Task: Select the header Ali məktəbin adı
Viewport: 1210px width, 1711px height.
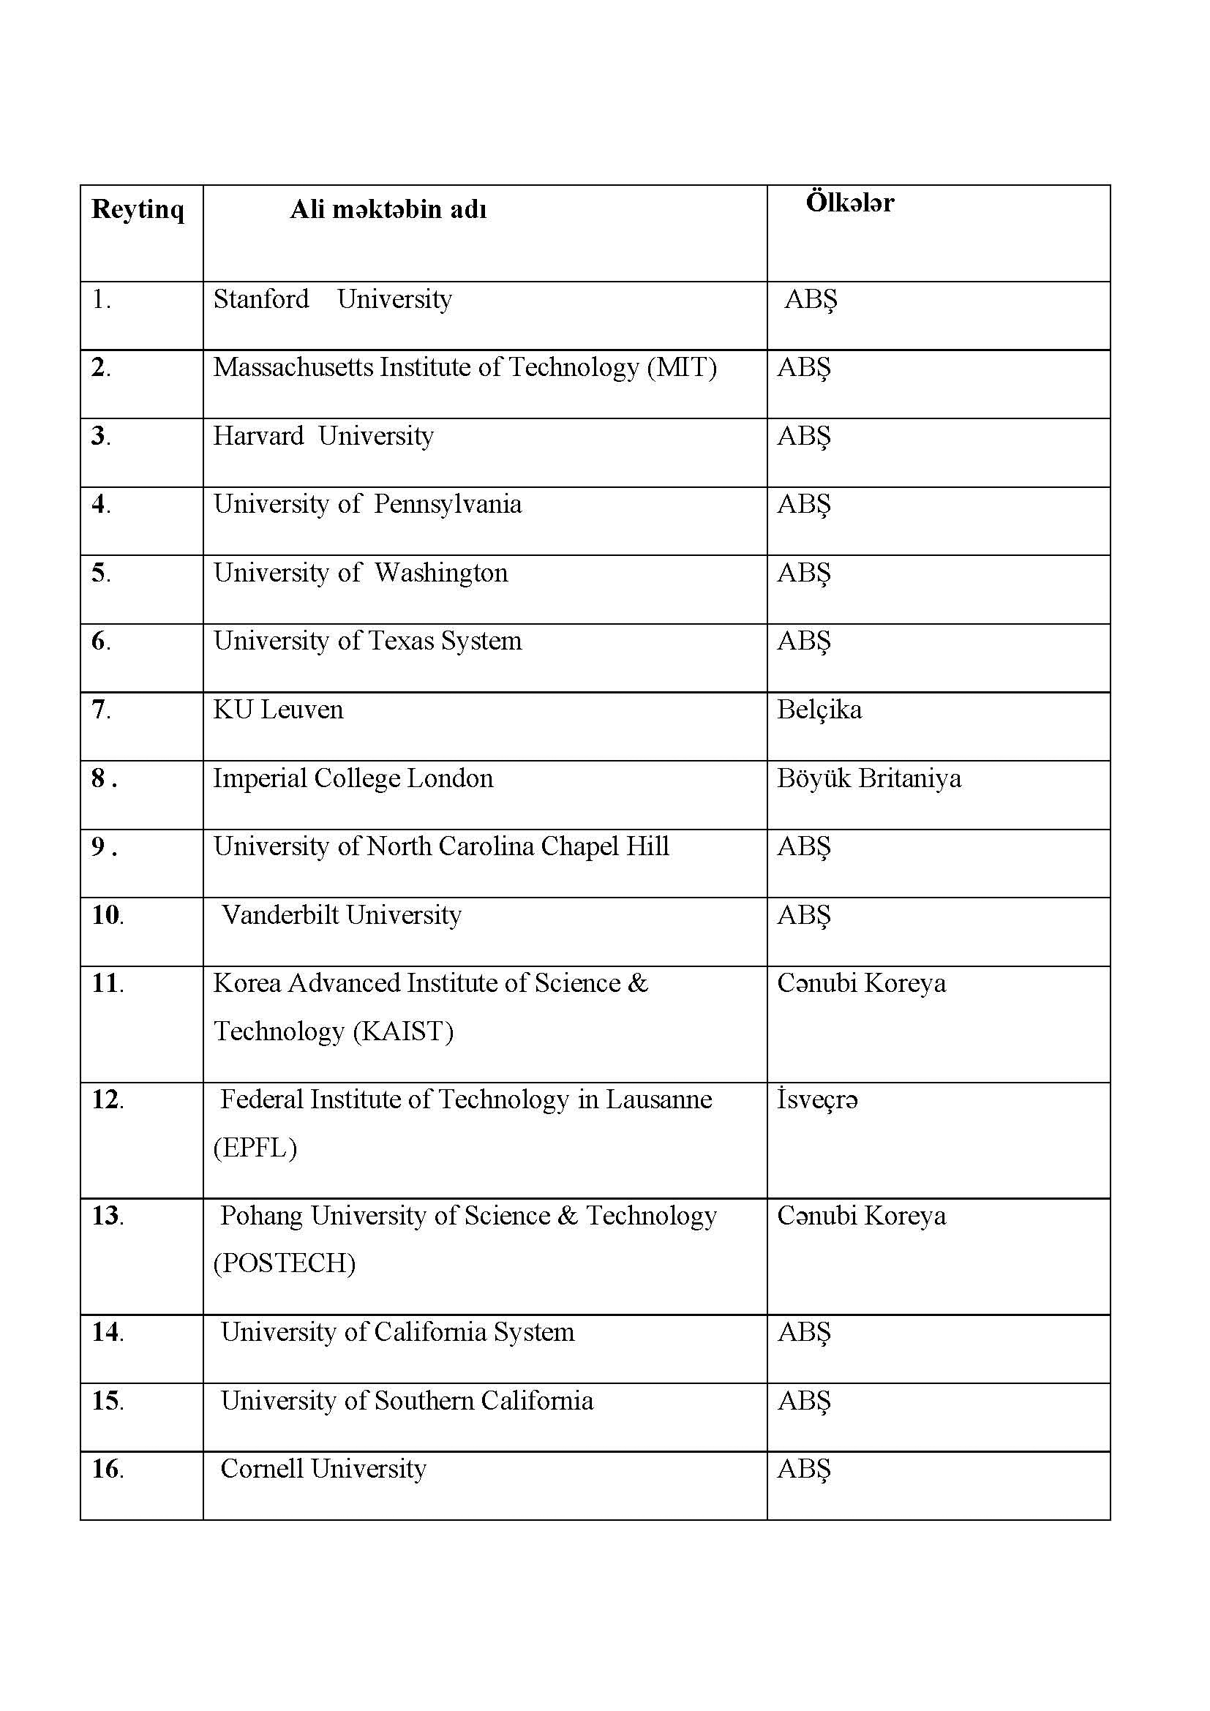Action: (x=388, y=210)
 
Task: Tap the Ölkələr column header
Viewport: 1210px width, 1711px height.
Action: (x=849, y=203)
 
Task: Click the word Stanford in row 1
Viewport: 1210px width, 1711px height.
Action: (x=260, y=300)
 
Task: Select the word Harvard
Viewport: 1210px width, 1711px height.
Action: (x=258, y=437)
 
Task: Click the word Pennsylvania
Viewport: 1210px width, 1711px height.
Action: (x=447, y=505)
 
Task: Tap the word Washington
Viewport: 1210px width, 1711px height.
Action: (x=441, y=574)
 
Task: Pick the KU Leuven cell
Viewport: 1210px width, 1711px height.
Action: (x=278, y=710)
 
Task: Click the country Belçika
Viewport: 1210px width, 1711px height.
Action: (x=819, y=710)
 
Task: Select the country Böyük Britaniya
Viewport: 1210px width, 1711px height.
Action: (x=869, y=779)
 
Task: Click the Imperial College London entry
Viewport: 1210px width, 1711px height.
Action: (x=353, y=779)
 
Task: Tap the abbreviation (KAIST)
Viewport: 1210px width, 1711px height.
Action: (x=402, y=1032)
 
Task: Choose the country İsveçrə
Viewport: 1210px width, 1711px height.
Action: (x=817, y=1100)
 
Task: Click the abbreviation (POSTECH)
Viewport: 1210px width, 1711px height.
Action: (x=284, y=1263)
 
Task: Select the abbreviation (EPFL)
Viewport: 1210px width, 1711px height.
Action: (x=255, y=1148)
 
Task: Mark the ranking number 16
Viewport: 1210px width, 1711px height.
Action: (x=107, y=1469)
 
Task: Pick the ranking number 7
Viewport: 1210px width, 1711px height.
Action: (x=99, y=710)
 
